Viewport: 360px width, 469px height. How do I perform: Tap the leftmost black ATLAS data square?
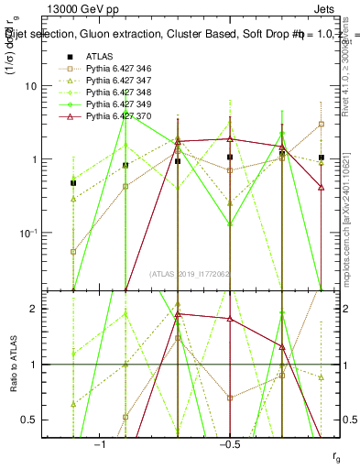pyautogui.click(x=73, y=183)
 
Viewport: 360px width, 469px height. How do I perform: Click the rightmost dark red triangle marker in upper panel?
pyautogui.click(x=321, y=187)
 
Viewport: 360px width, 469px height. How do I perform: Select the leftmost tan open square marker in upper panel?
pyautogui.click(x=73, y=251)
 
